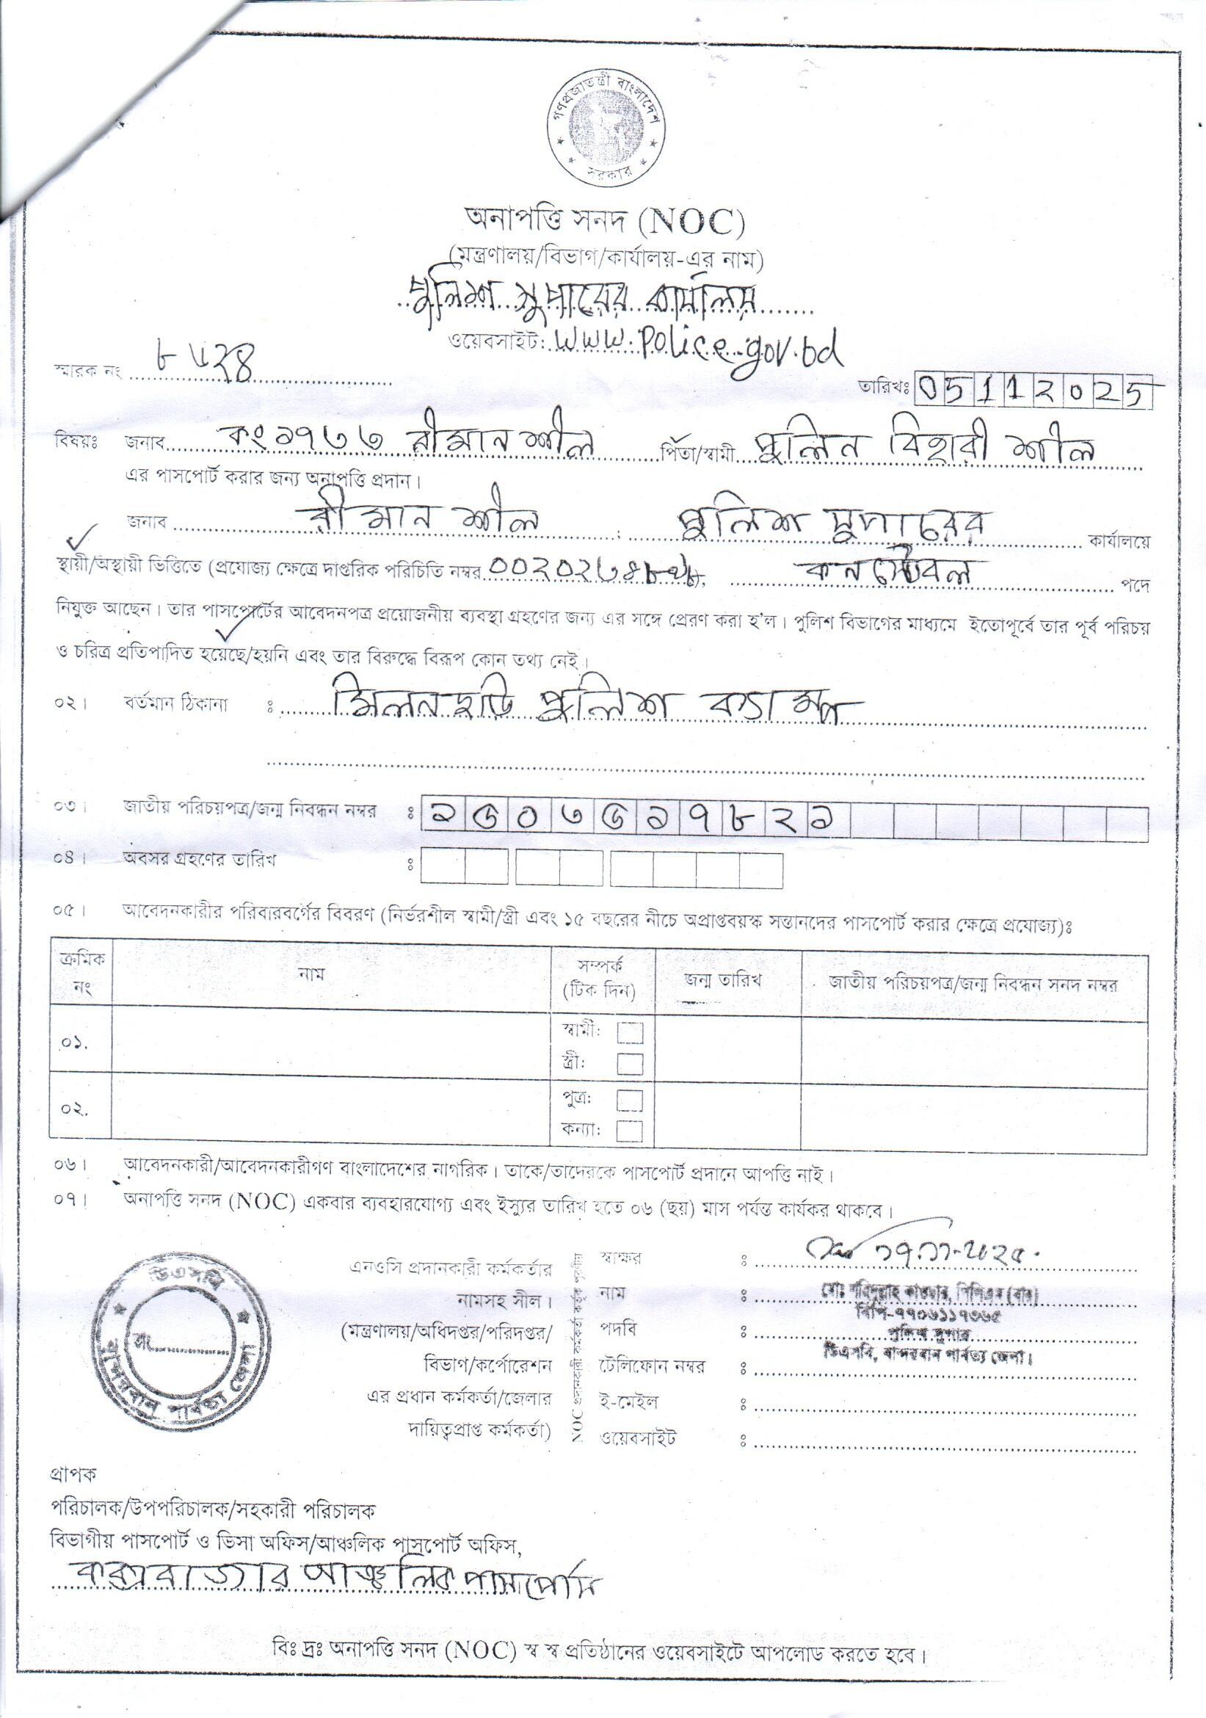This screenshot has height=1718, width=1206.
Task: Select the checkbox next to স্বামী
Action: click(629, 1033)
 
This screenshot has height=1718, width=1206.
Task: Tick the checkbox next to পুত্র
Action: click(629, 1101)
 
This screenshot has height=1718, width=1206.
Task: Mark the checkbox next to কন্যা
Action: click(629, 1130)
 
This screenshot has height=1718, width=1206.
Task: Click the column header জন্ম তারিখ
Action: click(722, 982)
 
